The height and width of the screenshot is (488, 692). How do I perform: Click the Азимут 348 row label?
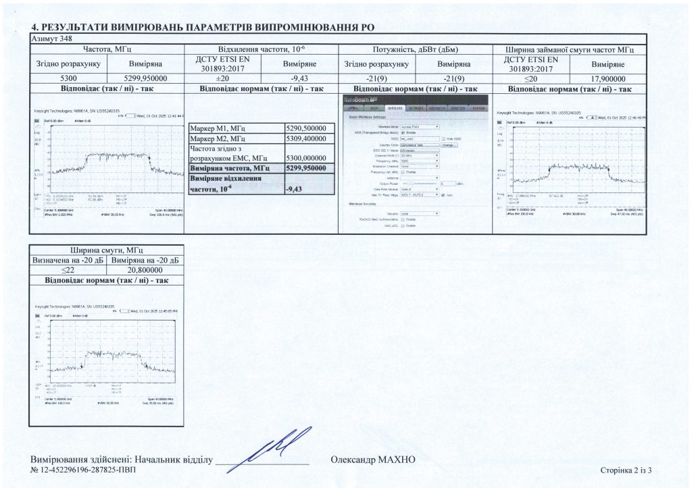[51, 39]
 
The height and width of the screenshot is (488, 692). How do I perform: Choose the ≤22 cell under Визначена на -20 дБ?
[69, 270]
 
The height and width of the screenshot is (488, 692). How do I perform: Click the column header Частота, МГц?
[107, 49]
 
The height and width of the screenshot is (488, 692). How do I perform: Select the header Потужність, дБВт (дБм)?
[416, 49]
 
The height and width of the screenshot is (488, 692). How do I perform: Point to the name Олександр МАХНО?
[373, 460]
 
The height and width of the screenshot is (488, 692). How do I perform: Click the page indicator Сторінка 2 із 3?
[629, 470]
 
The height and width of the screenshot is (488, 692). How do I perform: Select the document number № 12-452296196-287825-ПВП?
[83, 470]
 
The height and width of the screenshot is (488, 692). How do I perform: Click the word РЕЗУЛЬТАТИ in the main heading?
[80, 27]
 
